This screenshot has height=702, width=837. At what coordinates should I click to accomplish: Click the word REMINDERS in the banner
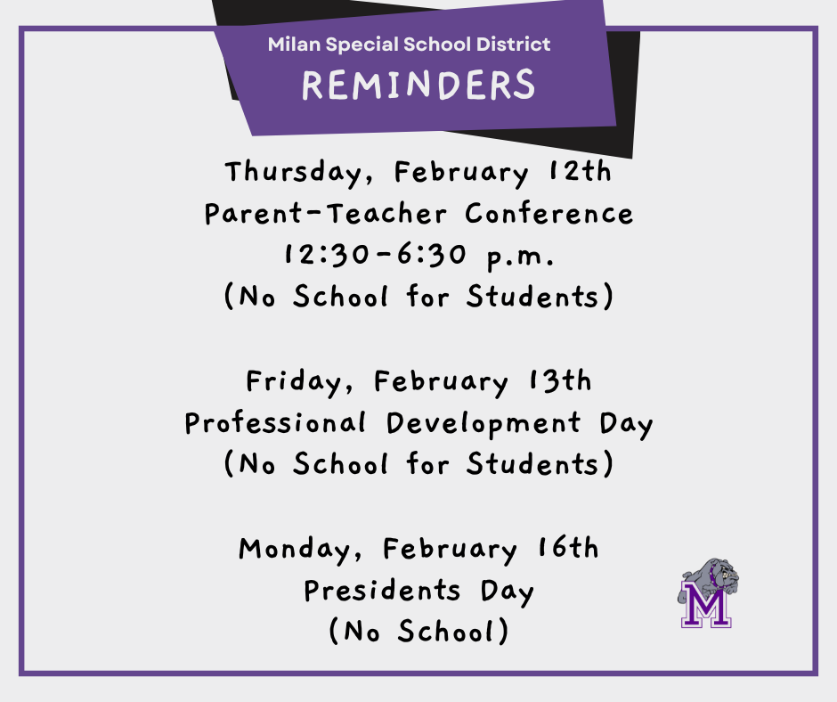click(418, 86)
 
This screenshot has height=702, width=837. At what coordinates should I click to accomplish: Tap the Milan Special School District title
click(410, 44)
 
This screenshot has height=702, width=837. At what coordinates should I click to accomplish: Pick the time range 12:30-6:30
click(375, 255)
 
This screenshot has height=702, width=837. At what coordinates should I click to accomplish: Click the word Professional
click(275, 423)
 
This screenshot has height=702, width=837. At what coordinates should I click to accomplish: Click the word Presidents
click(382, 590)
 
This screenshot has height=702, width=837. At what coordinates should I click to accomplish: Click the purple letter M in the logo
click(706, 606)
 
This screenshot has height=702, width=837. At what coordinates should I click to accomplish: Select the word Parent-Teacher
click(325, 214)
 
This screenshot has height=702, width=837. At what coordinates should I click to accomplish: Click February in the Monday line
click(450, 550)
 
